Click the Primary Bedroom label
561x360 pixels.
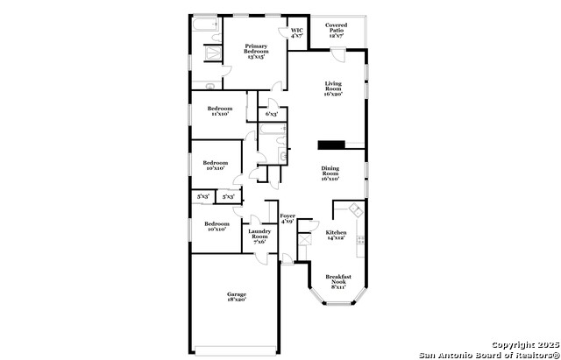pos(256,48)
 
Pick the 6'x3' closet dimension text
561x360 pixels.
pos(273,114)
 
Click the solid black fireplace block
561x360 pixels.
pos(331,145)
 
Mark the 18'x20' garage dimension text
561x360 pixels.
pos(237,300)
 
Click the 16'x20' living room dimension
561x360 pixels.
pos(333,93)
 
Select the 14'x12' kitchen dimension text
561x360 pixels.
pos(336,238)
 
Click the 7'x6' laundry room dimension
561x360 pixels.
pos(259,242)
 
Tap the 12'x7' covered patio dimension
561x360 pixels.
pos(336,36)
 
